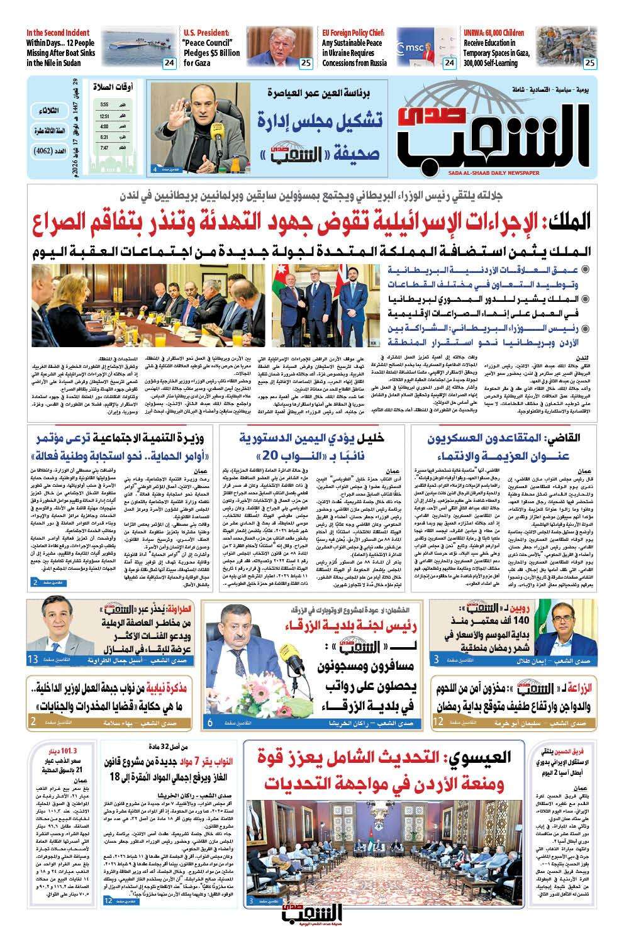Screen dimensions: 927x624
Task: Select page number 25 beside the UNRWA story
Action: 589,63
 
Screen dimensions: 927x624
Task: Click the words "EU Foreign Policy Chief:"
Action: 354,33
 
